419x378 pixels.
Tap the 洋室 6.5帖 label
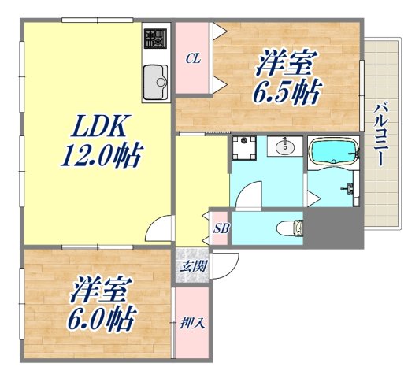point(285,79)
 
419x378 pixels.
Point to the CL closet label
point(191,57)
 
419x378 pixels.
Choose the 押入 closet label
point(191,323)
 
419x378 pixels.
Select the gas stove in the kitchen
point(157,39)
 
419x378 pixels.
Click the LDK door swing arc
point(160,229)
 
